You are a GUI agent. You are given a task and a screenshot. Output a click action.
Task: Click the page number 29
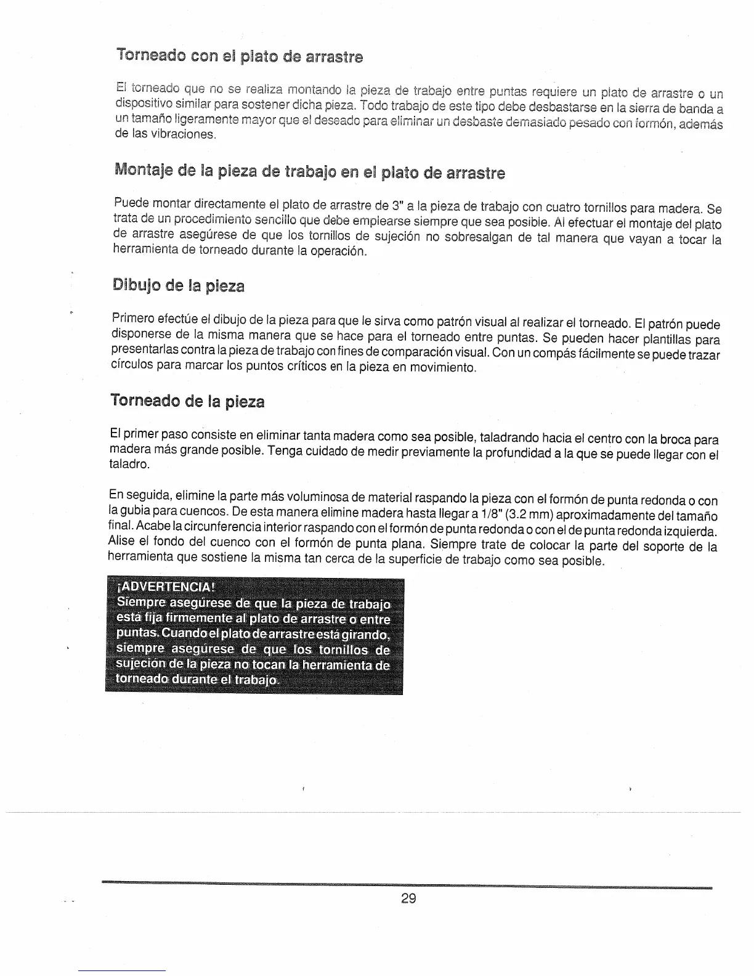coord(408,898)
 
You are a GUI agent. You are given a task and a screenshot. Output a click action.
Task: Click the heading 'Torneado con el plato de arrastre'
coord(239,57)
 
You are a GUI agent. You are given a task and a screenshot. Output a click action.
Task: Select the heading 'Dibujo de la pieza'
coord(179,286)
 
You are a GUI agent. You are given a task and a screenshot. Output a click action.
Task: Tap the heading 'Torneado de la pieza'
coord(187,402)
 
